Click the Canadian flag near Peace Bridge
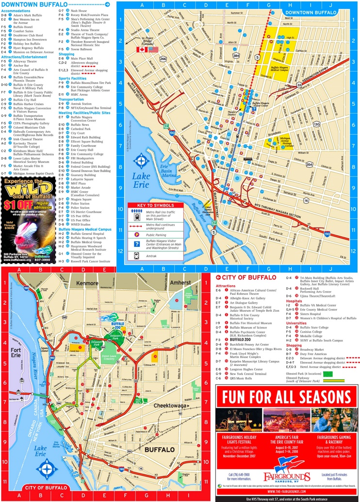(x=142, y=49)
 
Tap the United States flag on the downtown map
(x=153, y=49)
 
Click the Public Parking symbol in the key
(x=137, y=234)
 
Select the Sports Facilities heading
(x=73, y=78)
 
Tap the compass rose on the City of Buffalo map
(x=47, y=469)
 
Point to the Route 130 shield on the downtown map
(x=316, y=124)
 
